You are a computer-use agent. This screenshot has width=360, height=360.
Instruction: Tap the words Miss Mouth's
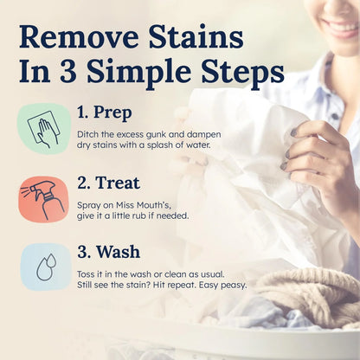(x=153, y=201)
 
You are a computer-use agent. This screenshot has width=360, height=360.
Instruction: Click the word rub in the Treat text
(x=145, y=214)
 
